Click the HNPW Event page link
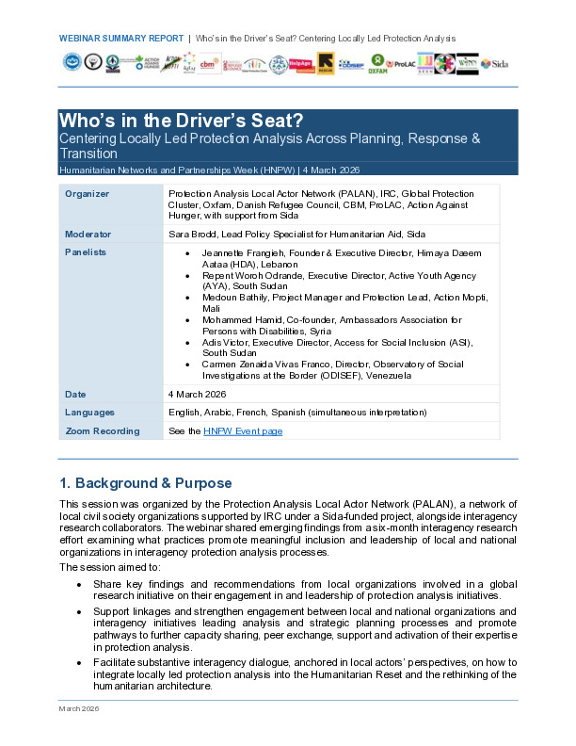click(243, 431)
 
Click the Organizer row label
click(87, 194)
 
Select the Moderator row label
click(88, 233)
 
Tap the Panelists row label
click(86, 252)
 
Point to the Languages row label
click(90, 413)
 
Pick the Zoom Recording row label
click(102, 431)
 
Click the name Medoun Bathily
click(232, 297)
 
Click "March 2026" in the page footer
click(78, 734)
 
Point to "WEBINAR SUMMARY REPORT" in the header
click(120, 39)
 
